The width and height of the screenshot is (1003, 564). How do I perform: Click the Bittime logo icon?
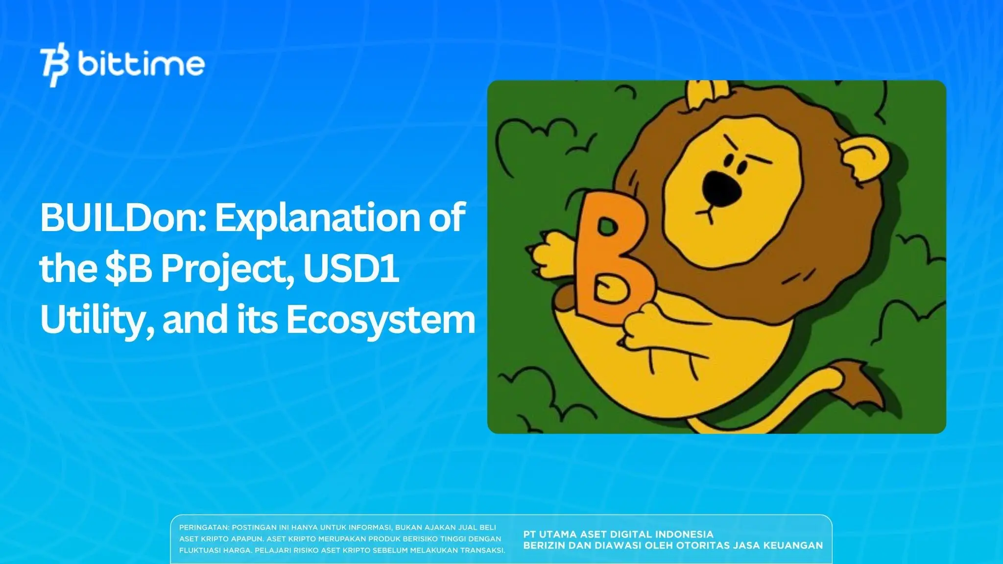click(x=55, y=67)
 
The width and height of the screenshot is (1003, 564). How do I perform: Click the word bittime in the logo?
click(x=141, y=65)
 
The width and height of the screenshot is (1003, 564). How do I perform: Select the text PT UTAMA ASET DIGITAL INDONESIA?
click(x=618, y=534)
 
